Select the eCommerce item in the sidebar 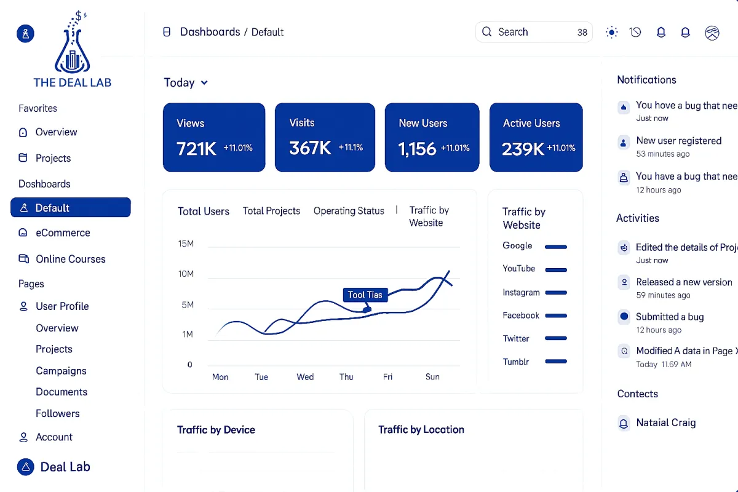point(63,233)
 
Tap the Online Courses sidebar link point(70,259)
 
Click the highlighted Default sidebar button point(71,208)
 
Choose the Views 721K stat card point(214,137)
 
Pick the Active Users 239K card point(536,137)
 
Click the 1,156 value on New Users point(417,149)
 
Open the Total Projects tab point(271,211)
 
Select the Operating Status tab point(349,211)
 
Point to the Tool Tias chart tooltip point(365,295)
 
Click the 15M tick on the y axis point(186,244)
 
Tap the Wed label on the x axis point(305,377)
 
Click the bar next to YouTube point(555,269)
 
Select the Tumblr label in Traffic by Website point(516,362)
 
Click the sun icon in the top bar point(611,33)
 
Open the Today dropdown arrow point(204,83)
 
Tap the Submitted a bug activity point(670,317)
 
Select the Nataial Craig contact point(665,423)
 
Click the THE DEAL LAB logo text point(73,82)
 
